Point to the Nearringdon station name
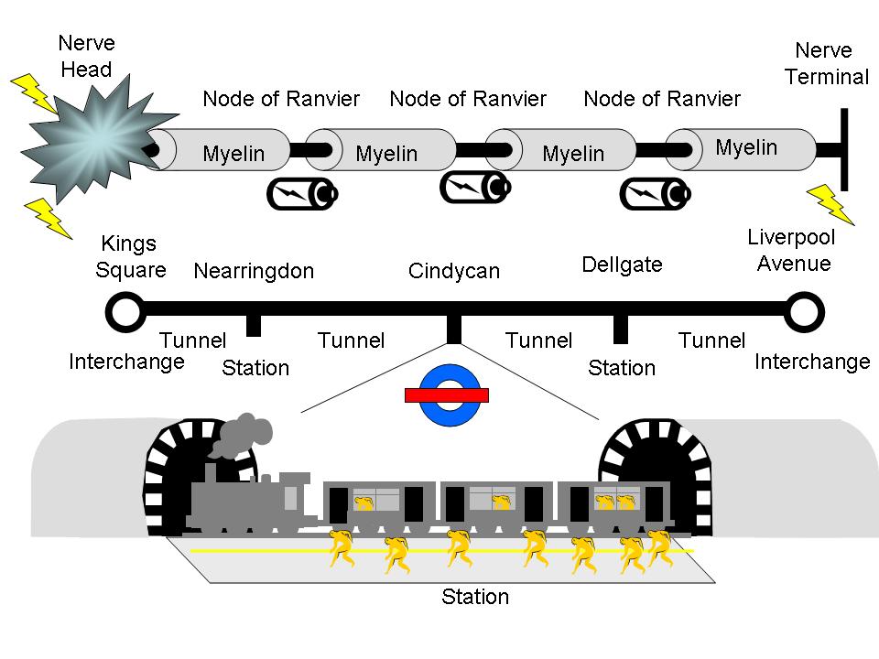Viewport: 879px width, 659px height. click(254, 271)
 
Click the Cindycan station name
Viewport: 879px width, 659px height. click(454, 271)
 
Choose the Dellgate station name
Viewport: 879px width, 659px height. click(622, 265)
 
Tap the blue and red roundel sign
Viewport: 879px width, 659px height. click(447, 395)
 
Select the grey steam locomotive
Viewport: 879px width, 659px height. click(247, 499)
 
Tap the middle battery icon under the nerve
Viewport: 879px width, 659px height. click(473, 187)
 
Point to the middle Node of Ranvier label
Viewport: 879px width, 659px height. click(468, 99)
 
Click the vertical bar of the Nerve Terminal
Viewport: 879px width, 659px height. click(843, 148)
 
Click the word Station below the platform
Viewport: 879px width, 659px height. click(474, 598)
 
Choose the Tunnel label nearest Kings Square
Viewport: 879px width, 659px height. click(192, 340)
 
